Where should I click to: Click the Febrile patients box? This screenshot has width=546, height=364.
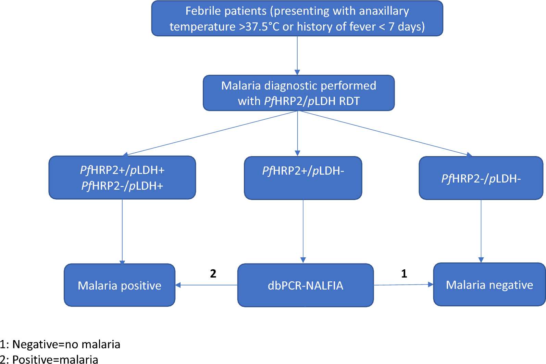pos(297,18)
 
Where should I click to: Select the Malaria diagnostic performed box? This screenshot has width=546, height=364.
pos(299,93)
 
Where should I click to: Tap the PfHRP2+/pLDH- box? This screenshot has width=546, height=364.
pos(303,178)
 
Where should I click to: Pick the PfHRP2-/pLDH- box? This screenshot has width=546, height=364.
pos(481,178)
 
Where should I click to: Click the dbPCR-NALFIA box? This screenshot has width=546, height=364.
pos(306,285)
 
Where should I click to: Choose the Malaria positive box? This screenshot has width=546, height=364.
pos(120,285)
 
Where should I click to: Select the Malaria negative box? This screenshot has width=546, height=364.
pos(489,284)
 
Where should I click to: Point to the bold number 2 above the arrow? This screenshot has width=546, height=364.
pos(213,274)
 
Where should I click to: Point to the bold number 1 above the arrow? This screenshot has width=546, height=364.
pos(404,274)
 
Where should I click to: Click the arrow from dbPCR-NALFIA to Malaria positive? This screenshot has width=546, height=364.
pos(207,285)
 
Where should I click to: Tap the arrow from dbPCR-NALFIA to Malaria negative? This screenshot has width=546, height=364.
pos(404,285)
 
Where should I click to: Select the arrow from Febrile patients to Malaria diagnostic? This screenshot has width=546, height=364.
pos(297,56)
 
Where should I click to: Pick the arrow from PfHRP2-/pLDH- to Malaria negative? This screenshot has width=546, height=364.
pos(481,231)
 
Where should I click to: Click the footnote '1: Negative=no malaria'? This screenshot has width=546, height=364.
pos(60,344)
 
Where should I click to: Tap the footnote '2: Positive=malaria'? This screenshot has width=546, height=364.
pos(49,359)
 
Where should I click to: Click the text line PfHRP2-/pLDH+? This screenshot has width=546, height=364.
pos(122,186)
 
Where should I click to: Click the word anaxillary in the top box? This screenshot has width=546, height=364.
pos(376,11)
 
